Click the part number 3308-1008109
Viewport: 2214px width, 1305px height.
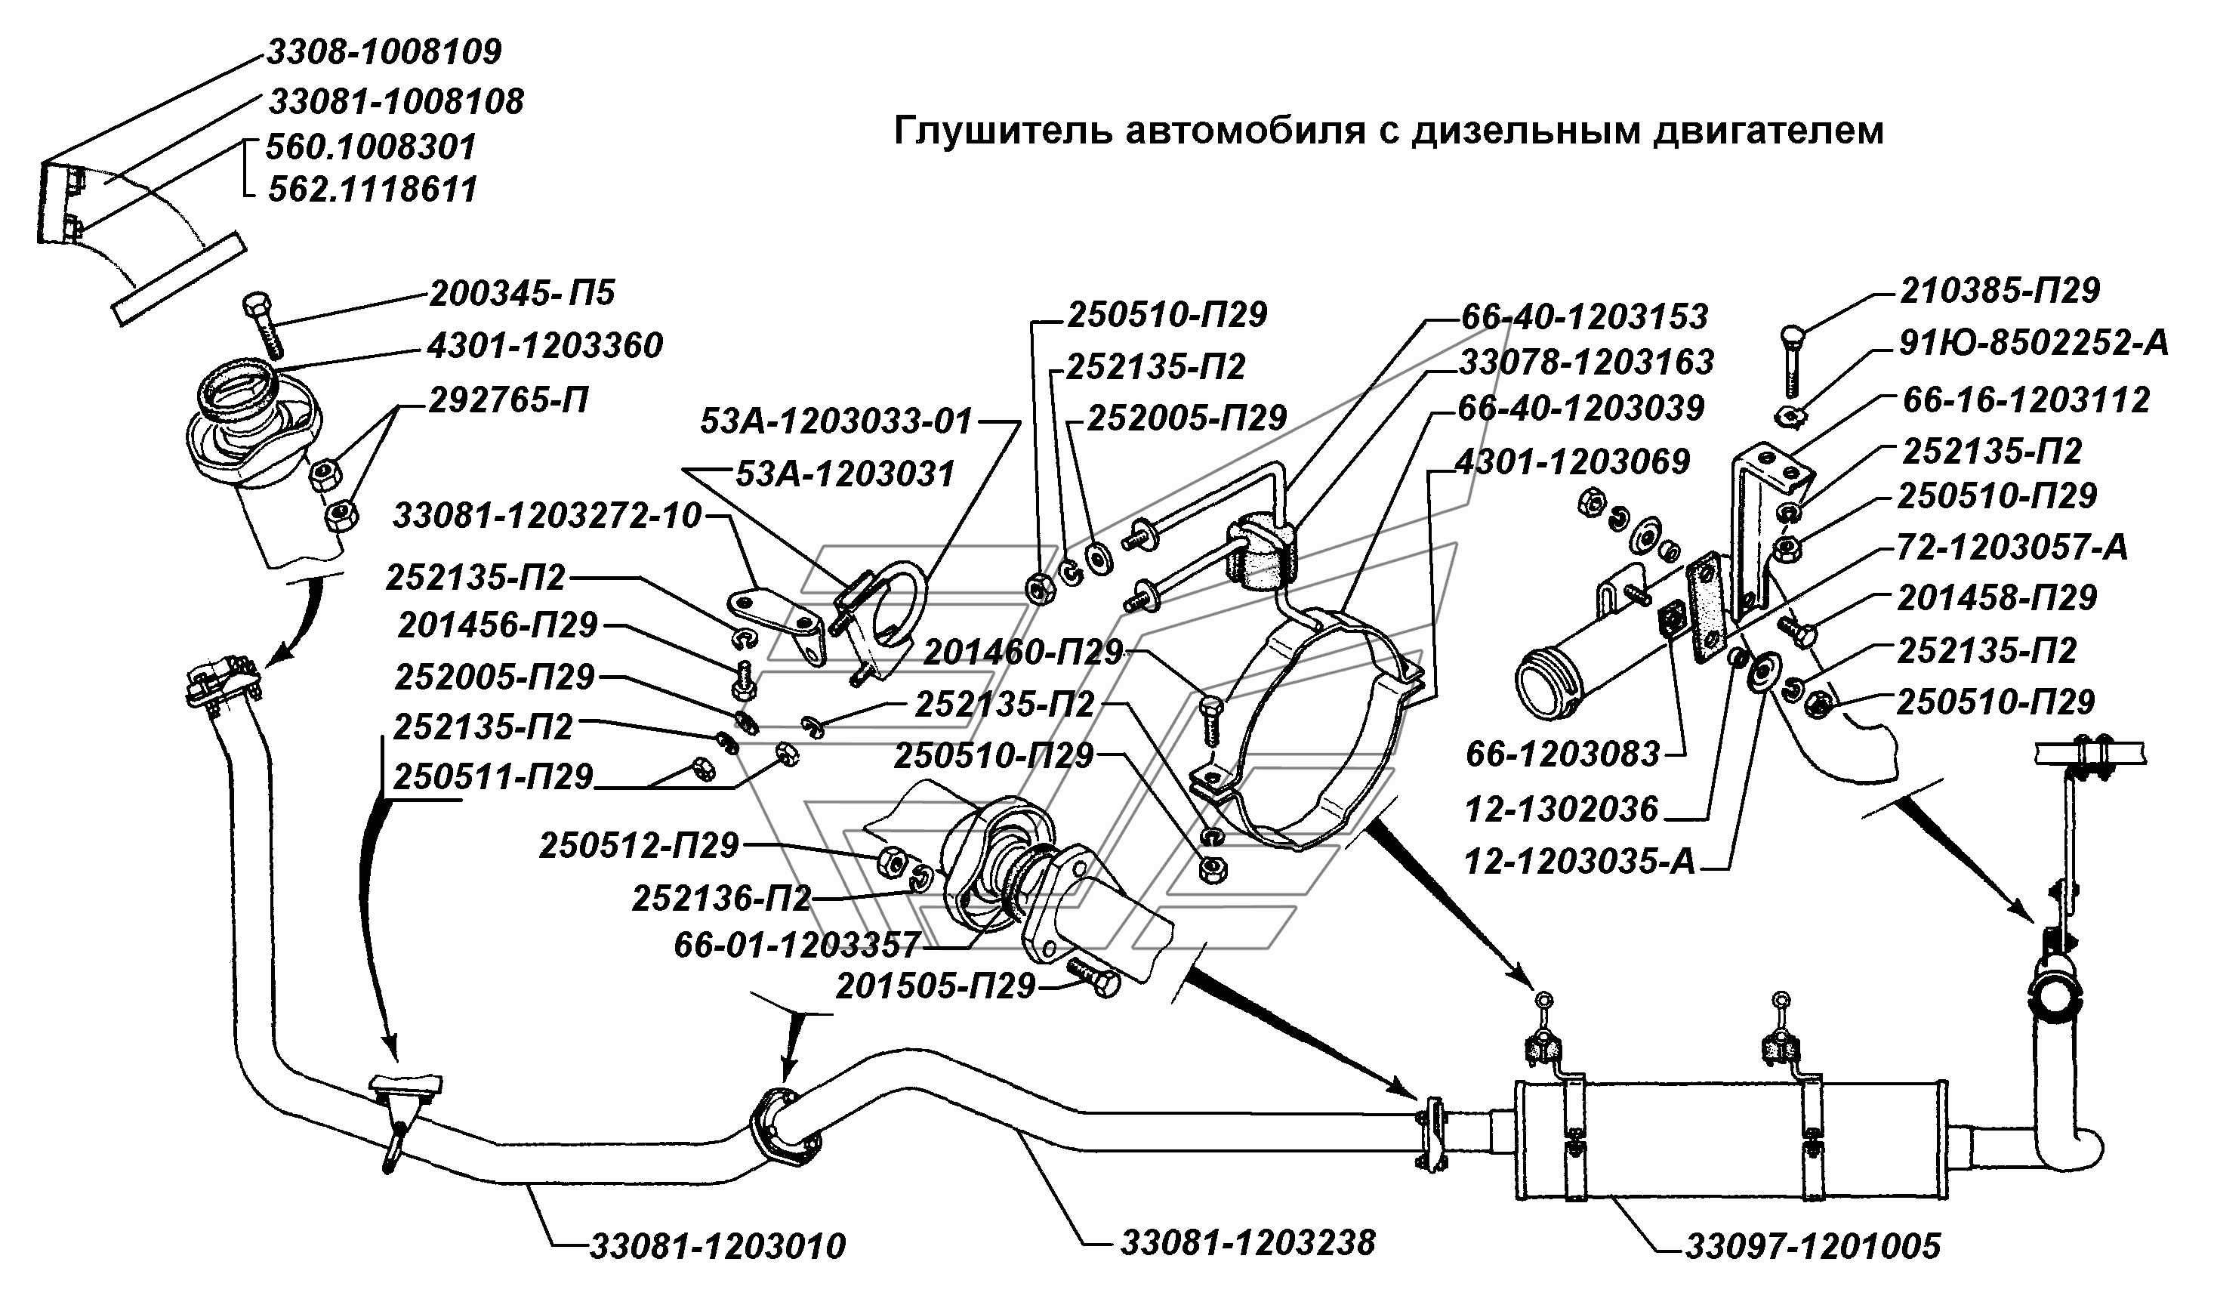point(384,52)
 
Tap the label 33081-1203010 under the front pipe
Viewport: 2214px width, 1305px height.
point(717,1246)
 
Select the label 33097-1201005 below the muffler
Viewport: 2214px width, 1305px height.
point(1812,1246)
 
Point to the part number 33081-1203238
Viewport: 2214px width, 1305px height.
point(1247,1242)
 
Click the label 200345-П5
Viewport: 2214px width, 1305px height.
point(521,293)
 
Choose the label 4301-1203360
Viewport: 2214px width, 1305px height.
point(545,346)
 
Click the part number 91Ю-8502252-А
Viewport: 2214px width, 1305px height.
point(2034,343)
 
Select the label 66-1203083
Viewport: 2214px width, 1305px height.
point(1562,754)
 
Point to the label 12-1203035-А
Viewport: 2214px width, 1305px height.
point(1579,862)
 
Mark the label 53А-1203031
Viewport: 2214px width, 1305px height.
point(844,474)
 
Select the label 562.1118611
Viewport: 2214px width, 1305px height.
point(373,189)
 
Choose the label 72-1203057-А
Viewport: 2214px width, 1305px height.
point(2012,547)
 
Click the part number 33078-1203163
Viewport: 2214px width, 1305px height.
point(1586,362)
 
